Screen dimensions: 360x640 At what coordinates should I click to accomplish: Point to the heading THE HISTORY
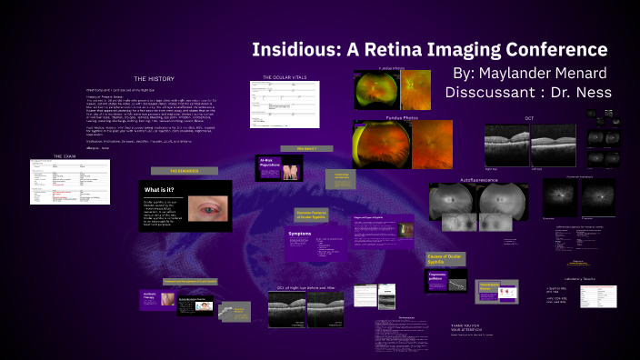click(x=153, y=78)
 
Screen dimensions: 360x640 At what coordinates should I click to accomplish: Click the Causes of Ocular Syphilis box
click(x=446, y=259)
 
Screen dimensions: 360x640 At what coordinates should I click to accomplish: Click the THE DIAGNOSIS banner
click(x=184, y=170)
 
